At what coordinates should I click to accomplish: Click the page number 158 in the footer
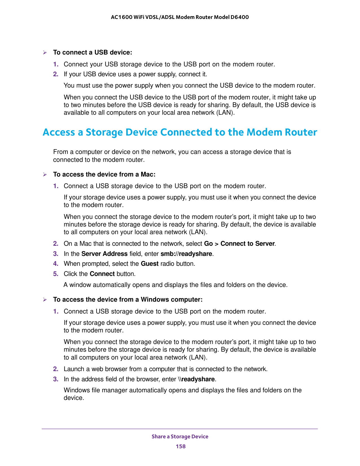180,446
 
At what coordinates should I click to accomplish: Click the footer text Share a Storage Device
180,436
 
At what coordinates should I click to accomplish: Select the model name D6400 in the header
239,17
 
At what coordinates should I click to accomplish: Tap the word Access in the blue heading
59,132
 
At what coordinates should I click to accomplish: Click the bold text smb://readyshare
186,254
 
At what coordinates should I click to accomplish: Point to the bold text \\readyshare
196,379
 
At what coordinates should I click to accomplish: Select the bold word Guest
149,264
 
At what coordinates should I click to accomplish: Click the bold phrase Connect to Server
247,243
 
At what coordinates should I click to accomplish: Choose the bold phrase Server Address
104,254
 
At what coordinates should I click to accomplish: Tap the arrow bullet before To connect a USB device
44,53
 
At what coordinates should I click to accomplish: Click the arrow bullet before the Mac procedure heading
44,175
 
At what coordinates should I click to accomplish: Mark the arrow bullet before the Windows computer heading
44,300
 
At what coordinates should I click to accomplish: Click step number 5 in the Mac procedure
56,274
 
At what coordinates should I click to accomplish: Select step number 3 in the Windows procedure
56,379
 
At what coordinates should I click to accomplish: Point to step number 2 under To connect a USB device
56,74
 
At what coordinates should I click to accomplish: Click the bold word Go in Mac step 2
208,243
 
